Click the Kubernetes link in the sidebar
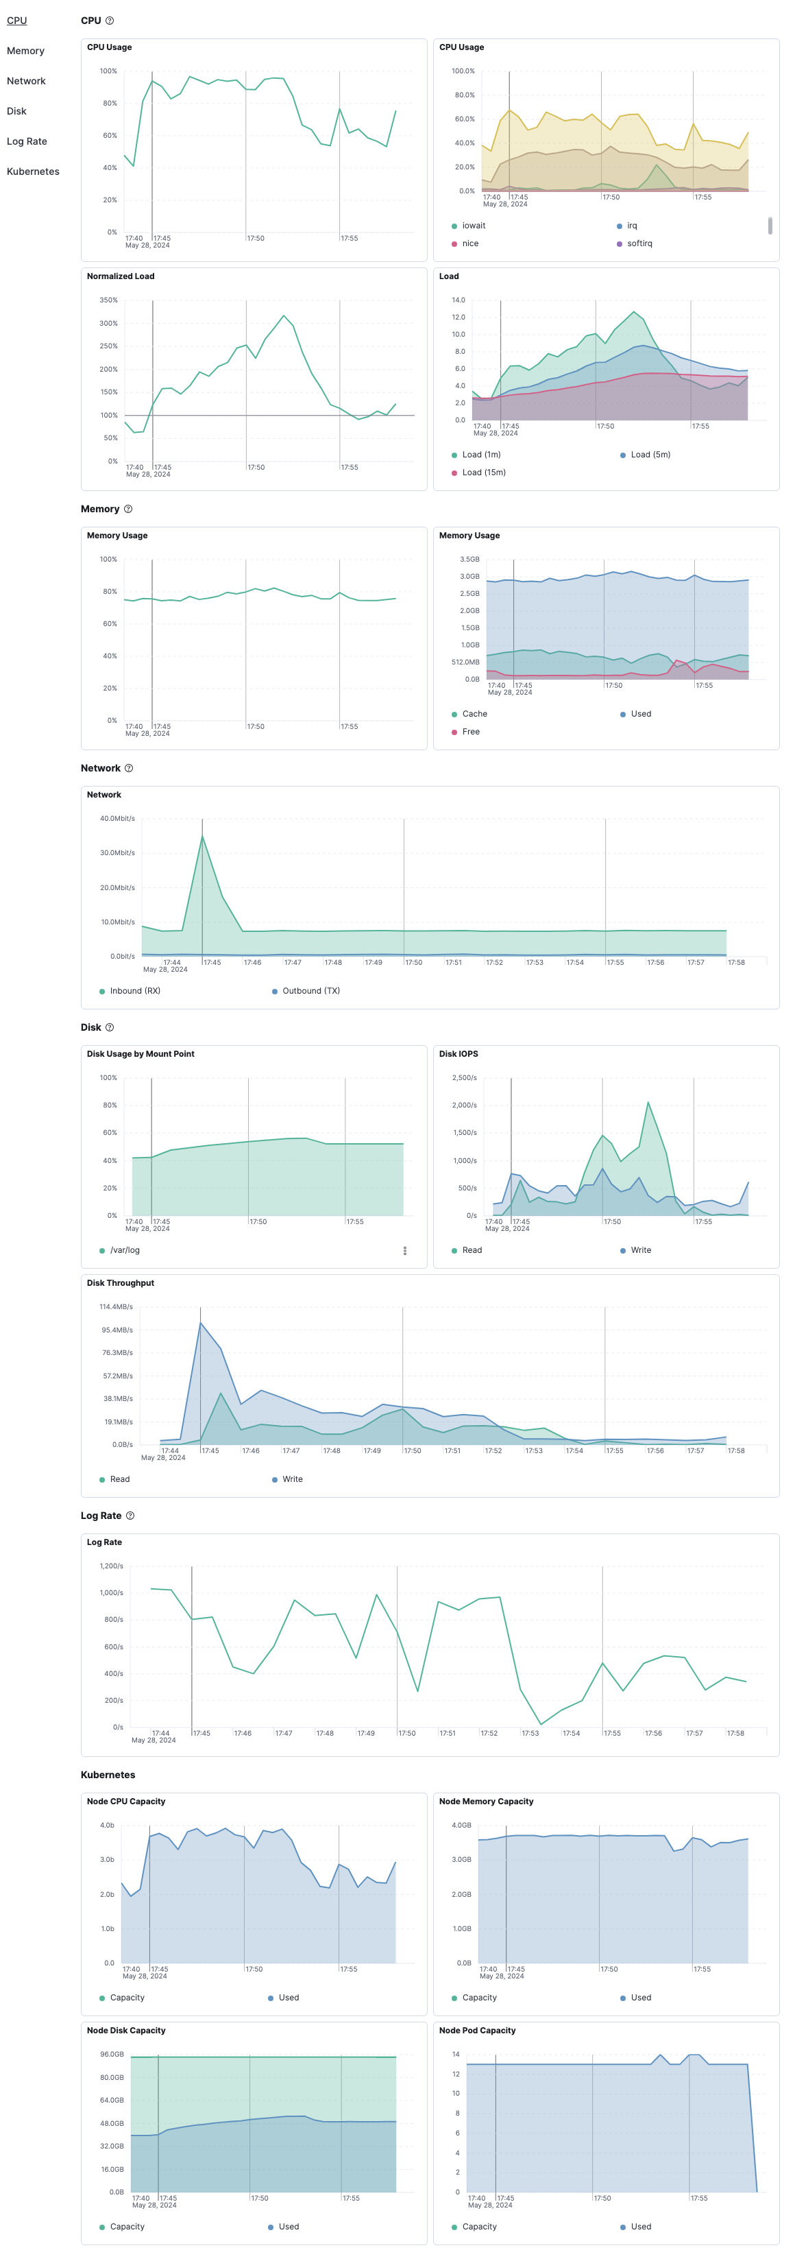coord(34,171)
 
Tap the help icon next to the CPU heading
coord(110,20)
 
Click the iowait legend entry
coord(473,226)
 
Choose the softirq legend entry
coord(639,243)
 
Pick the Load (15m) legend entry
coord(482,472)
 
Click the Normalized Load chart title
coord(120,276)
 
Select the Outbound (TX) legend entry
coord(310,990)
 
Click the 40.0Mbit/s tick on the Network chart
coord(118,818)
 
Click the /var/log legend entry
coord(125,1250)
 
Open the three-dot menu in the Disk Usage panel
coord(404,1250)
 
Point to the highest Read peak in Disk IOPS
coord(648,1103)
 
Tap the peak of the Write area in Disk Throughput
coord(200,1322)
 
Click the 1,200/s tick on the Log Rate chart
coord(112,1566)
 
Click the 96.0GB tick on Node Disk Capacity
coord(112,2054)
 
